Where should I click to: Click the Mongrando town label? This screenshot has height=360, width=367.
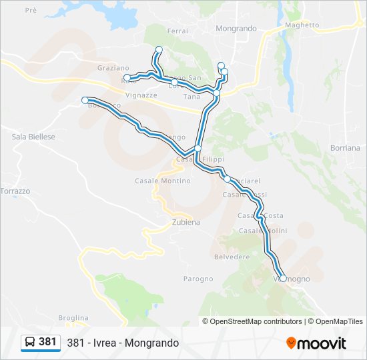point(236,29)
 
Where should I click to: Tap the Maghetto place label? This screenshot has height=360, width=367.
point(302,25)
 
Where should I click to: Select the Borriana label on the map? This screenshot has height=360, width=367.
point(345,147)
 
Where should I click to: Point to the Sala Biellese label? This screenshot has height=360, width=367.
point(33,137)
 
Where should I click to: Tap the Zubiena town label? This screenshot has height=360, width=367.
point(186,223)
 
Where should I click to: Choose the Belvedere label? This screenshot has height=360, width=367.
point(232,257)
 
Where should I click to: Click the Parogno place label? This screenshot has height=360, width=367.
point(198,278)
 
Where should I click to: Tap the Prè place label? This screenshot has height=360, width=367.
point(31,11)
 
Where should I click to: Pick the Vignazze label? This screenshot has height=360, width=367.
point(141,95)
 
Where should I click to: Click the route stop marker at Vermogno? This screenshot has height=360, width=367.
point(283,279)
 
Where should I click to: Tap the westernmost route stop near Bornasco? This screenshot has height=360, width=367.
point(85,100)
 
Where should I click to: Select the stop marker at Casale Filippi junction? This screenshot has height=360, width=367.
point(198,148)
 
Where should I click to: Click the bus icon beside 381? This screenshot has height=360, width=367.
point(30,342)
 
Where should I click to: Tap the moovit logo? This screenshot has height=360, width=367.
point(316,343)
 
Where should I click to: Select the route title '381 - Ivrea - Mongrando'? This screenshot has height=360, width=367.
point(123,343)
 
